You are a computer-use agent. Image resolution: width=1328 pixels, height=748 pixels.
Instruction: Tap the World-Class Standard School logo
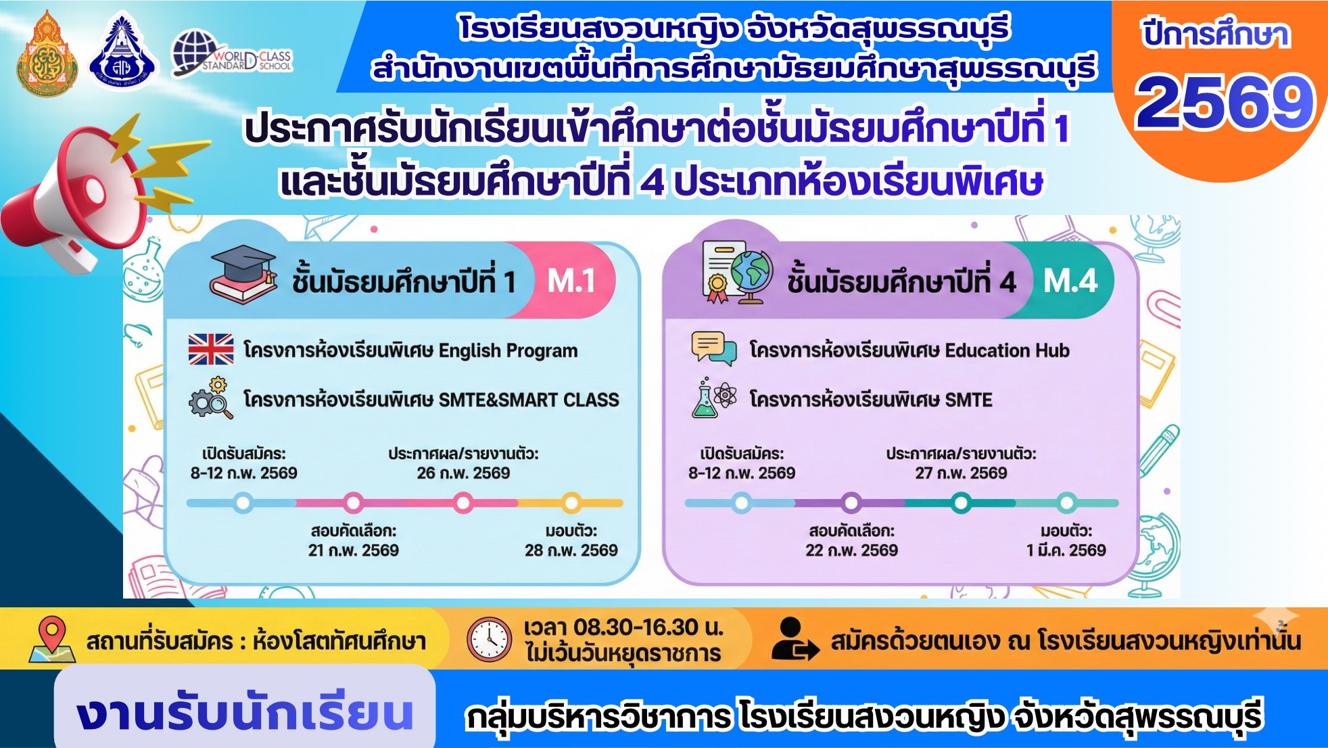pos(232,54)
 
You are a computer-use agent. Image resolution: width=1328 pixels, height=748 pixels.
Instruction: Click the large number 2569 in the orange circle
pos(1225,101)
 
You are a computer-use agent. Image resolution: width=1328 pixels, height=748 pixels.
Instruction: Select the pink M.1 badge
pos(571,280)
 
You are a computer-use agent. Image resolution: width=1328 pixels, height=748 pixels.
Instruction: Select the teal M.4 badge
pos(1070,280)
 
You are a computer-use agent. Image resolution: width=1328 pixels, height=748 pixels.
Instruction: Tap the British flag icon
pos(211,349)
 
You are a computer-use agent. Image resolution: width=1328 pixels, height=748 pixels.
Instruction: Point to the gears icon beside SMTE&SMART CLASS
pos(211,398)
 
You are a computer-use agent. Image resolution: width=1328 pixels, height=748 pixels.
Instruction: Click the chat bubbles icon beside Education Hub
pos(713,348)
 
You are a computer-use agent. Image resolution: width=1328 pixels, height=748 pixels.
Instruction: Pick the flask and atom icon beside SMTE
pos(713,398)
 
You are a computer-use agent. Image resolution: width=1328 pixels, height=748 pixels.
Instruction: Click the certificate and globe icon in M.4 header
pos(737,272)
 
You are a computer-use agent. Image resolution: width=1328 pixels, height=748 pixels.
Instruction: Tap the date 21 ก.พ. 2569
pos(354,551)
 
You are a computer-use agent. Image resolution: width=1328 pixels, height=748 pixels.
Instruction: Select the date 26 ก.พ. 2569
pos(463,473)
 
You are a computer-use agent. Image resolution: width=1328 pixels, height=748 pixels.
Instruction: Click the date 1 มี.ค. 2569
pos(1066,551)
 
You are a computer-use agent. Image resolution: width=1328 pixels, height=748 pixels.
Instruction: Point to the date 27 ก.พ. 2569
pos(962,473)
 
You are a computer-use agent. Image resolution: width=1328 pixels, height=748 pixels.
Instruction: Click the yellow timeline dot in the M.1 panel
pos(572,502)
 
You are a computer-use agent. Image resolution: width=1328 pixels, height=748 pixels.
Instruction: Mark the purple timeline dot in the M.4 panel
pos(851,502)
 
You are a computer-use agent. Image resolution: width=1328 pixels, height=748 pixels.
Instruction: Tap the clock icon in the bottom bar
pos(490,639)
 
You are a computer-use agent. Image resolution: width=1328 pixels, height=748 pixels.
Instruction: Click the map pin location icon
pos(52,639)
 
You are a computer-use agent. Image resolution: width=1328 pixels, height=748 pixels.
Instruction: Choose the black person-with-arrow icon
pos(795,638)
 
